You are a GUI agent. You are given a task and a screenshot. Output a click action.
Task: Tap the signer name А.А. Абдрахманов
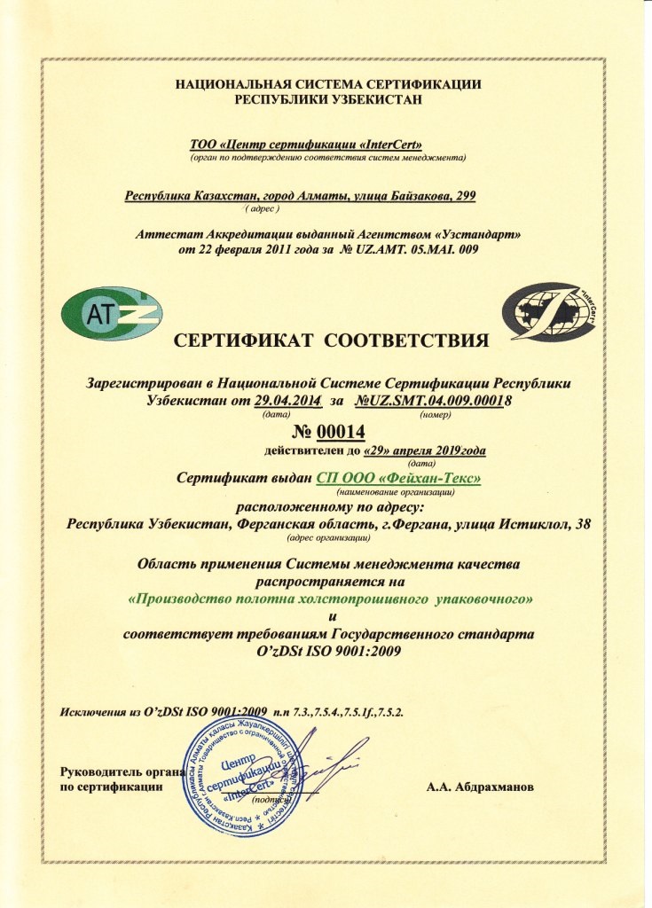(x=479, y=786)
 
